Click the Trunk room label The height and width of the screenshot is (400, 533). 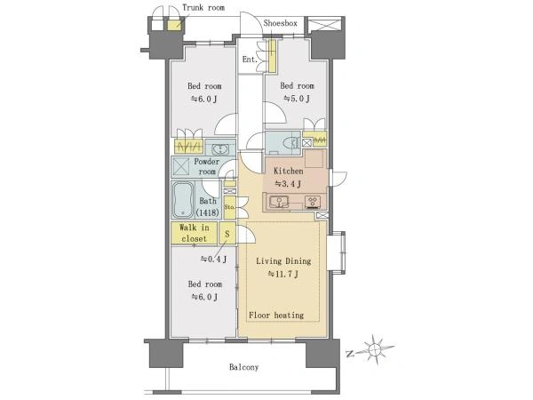(x=203, y=7)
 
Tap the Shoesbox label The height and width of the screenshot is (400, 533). (x=280, y=23)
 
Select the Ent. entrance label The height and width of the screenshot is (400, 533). (x=250, y=60)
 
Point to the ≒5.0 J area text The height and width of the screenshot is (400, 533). (x=297, y=99)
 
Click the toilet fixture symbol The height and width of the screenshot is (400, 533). (x=290, y=143)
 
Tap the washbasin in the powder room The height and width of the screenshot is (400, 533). (x=220, y=148)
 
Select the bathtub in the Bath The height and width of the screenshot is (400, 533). (x=183, y=200)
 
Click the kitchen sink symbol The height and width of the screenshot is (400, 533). (x=279, y=202)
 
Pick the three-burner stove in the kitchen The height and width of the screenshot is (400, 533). (x=313, y=202)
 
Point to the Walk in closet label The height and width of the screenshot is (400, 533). (x=194, y=233)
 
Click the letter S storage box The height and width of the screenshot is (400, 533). (x=227, y=233)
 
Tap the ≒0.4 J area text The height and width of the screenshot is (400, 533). (x=213, y=260)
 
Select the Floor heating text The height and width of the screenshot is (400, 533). (x=276, y=316)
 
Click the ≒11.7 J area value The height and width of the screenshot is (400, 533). (x=283, y=274)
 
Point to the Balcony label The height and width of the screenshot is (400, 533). (x=243, y=367)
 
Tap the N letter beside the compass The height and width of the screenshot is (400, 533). (x=349, y=354)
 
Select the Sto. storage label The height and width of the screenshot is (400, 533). (x=230, y=206)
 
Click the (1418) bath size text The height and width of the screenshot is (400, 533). (x=208, y=213)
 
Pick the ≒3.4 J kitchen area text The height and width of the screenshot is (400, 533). (x=288, y=184)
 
